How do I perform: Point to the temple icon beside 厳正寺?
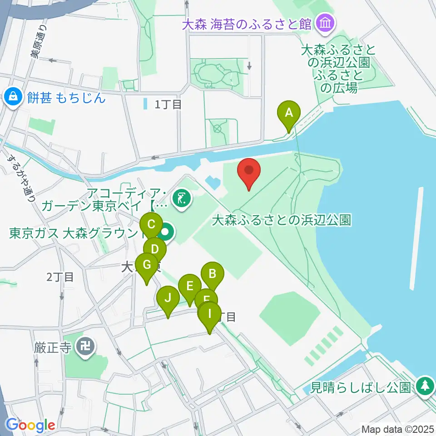85,347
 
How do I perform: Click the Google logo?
30,425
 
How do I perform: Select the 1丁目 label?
168,104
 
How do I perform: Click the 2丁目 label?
59,277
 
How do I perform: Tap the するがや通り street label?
20,177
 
